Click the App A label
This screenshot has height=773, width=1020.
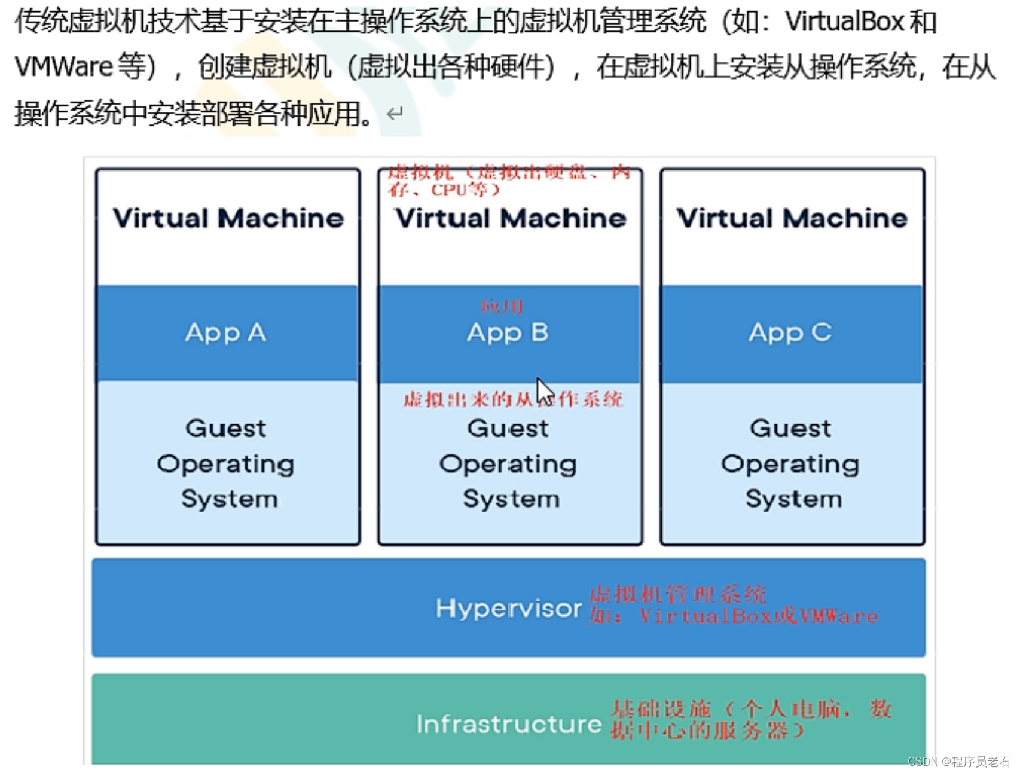(225, 332)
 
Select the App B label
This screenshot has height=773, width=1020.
(508, 332)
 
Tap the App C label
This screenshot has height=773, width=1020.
(790, 332)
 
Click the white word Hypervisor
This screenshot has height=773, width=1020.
(508, 609)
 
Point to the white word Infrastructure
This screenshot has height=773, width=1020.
(509, 724)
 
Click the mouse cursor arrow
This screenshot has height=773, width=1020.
(543, 391)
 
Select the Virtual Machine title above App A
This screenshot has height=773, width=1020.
(228, 218)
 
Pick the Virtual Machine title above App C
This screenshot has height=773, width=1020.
(792, 218)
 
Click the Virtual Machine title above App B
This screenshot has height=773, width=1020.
(511, 218)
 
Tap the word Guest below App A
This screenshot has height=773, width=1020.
(226, 428)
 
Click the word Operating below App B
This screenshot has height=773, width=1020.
(508, 465)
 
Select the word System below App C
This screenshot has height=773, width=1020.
(793, 499)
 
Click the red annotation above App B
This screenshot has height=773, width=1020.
(502, 307)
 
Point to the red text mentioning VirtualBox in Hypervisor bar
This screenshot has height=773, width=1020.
(733, 616)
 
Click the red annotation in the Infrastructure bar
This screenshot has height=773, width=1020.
(750, 719)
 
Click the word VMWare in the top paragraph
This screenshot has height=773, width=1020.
(64, 66)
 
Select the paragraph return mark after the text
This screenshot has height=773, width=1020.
(395, 113)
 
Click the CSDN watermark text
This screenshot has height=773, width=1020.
(958, 761)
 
